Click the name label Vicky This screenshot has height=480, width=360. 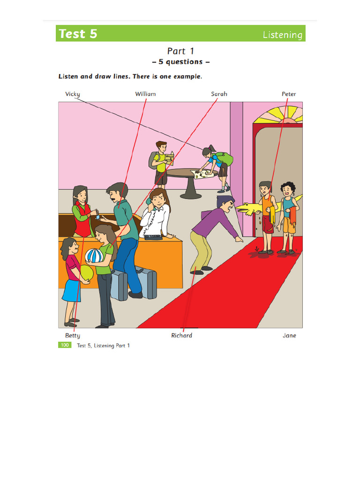pyautogui.click(x=73, y=94)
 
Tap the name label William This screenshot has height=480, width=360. pyautogui.click(x=145, y=94)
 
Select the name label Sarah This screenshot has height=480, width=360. pyautogui.click(x=219, y=94)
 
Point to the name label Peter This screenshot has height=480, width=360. pyautogui.click(x=289, y=94)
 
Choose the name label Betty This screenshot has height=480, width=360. pyautogui.click(x=73, y=336)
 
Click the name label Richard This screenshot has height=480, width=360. pyautogui.click(x=181, y=336)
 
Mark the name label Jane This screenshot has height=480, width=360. pyautogui.click(x=289, y=336)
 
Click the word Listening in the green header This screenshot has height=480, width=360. pyautogui.click(x=283, y=35)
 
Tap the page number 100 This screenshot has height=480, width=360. pyautogui.click(x=64, y=345)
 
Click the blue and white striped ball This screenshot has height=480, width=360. pyautogui.click(x=94, y=256)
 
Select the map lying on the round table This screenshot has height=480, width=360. pyautogui.click(x=204, y=174)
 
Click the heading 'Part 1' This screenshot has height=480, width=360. pyautogui.click(x=180, y=51)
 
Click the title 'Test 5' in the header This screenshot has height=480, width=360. pyautogui.click(x=78, y=34)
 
